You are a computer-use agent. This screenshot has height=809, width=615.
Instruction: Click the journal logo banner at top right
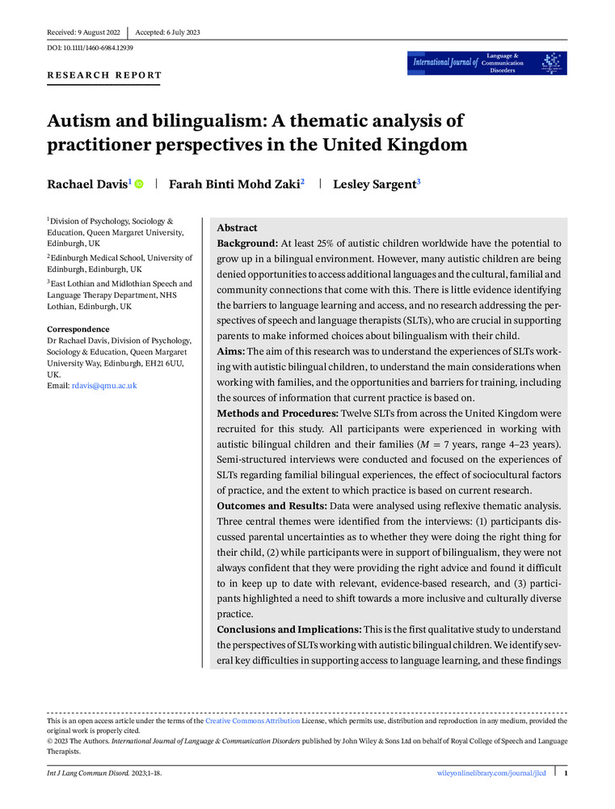point(487,63)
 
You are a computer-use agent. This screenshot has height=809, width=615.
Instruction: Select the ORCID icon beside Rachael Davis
point(139,184)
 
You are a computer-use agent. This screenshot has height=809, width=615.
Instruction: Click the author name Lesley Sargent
point(375,184)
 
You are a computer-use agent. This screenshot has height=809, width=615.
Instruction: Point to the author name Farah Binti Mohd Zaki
point(235,184)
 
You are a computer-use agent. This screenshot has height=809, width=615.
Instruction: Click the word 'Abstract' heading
point(238,228)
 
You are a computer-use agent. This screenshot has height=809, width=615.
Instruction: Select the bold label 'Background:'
point(248,244)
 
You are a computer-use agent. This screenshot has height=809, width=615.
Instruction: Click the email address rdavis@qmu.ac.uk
point(104,386)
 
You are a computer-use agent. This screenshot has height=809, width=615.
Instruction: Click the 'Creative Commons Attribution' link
point(252,720)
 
